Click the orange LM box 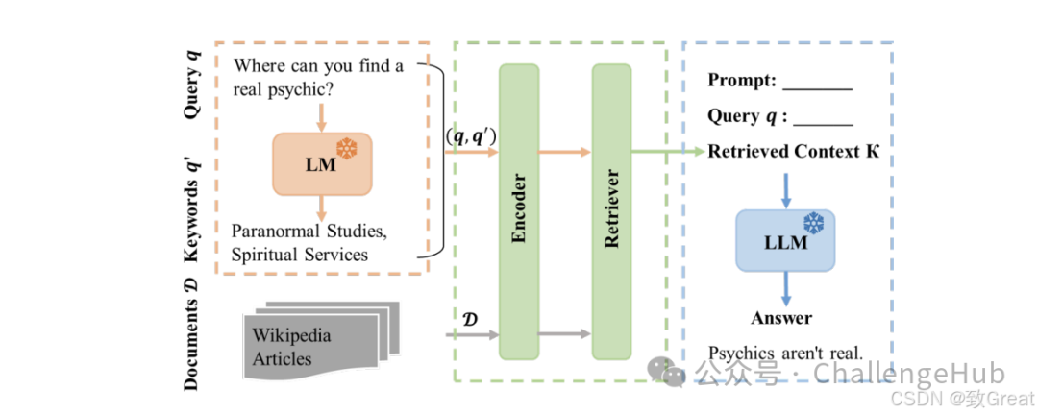coord(322,162)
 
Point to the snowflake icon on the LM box coord(346,148)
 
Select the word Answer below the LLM coord(781,317)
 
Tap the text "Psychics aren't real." coord(785,353)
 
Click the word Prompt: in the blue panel coord(742,81)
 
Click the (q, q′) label coord(469,135)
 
